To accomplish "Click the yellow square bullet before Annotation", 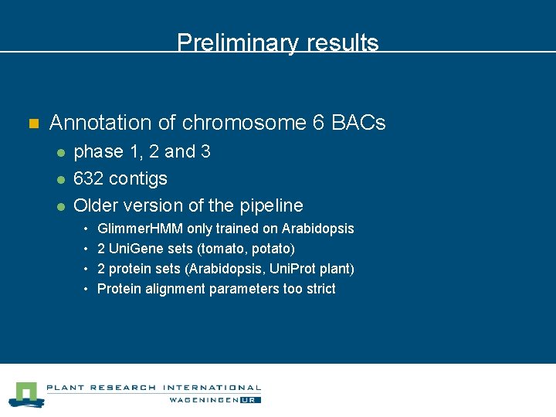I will [32, 124].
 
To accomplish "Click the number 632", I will [88, 179].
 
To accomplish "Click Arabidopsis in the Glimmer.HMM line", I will [317, 229].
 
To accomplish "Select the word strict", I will [319, 289].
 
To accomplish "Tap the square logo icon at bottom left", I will [25, 394].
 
